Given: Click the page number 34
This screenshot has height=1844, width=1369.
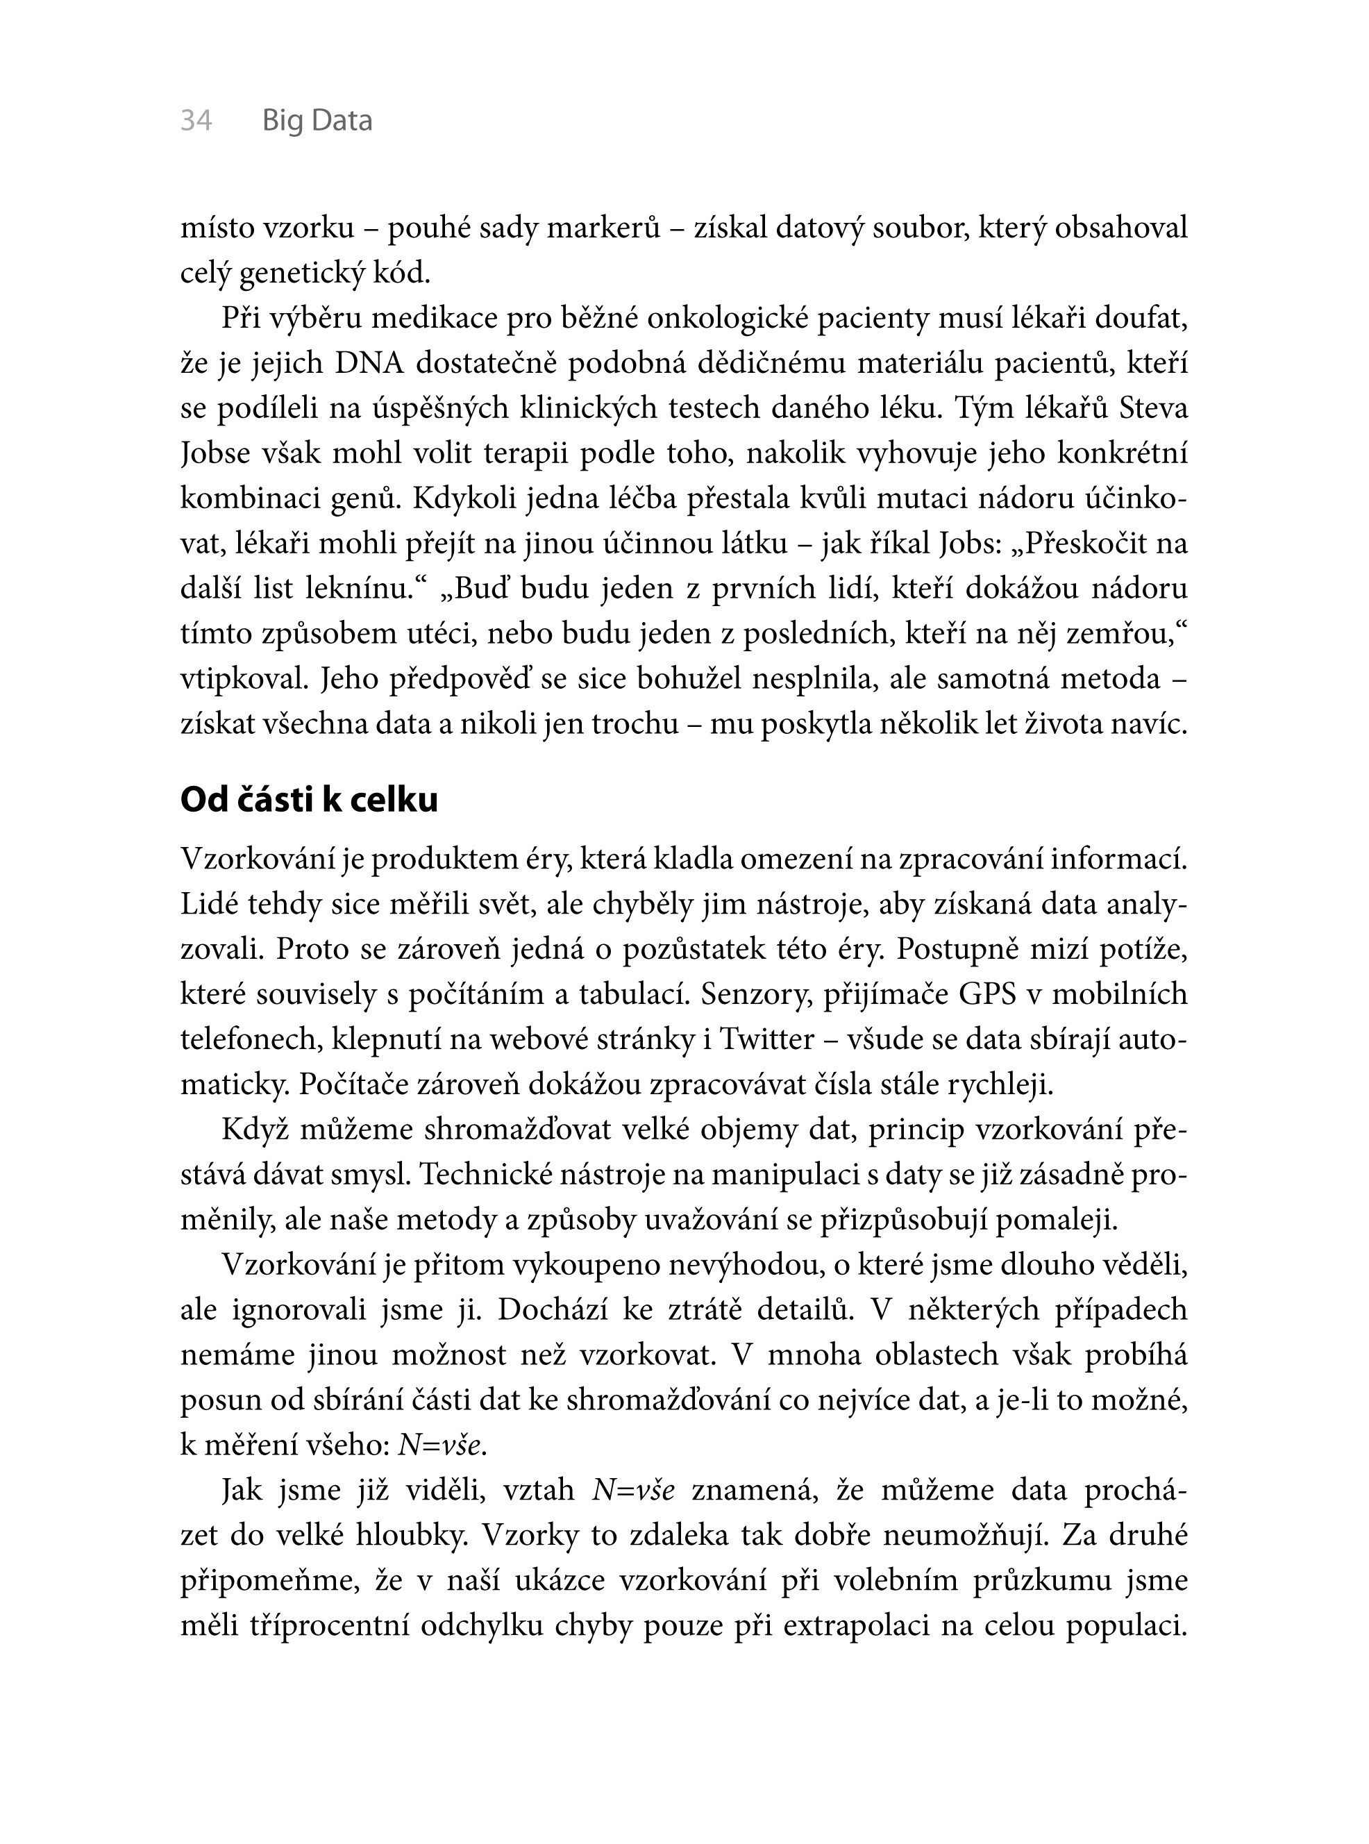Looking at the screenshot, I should point(196,121).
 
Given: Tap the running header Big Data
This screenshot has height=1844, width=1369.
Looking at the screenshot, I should point(317,121).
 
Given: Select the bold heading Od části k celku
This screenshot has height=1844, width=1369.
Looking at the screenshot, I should point(309,800).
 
